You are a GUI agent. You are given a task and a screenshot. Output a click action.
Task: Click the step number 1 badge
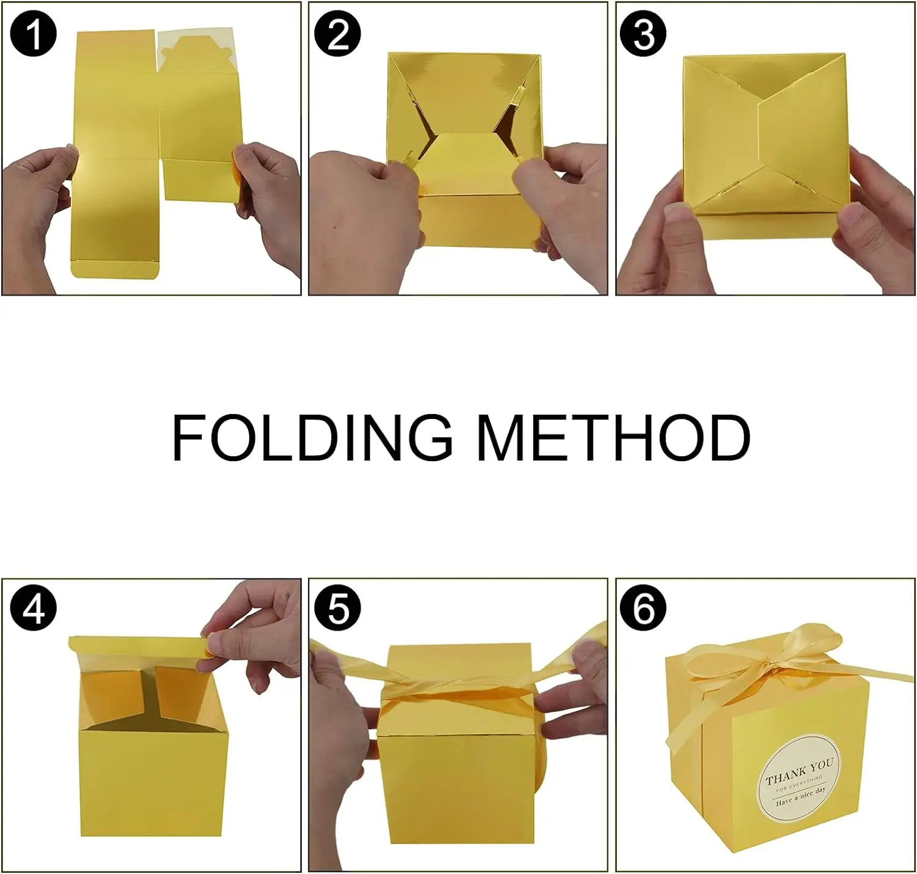pos(34,34)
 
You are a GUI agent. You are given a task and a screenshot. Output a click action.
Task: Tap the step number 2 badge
pos(338,34)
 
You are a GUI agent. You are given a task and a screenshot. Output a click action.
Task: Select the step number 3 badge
pos(643,34)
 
